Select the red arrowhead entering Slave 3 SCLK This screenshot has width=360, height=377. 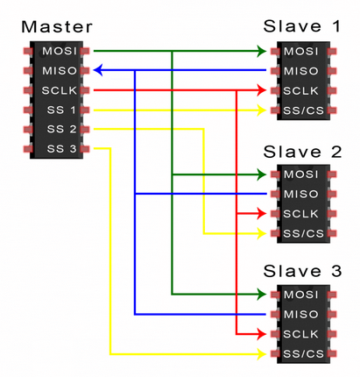pos(260,334)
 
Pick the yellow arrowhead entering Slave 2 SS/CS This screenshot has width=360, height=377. pos(260,233)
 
